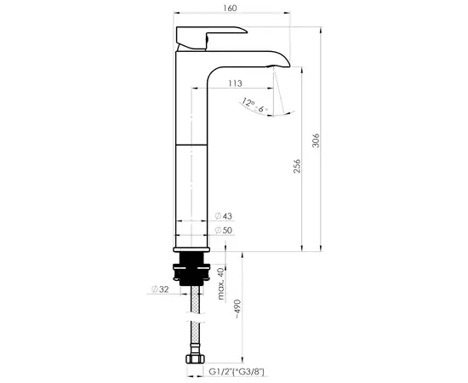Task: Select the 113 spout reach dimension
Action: (237, 83)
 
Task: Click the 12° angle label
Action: (248, 103)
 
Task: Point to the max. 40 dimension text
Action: (220, 283)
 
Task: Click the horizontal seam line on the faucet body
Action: (191, 145)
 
